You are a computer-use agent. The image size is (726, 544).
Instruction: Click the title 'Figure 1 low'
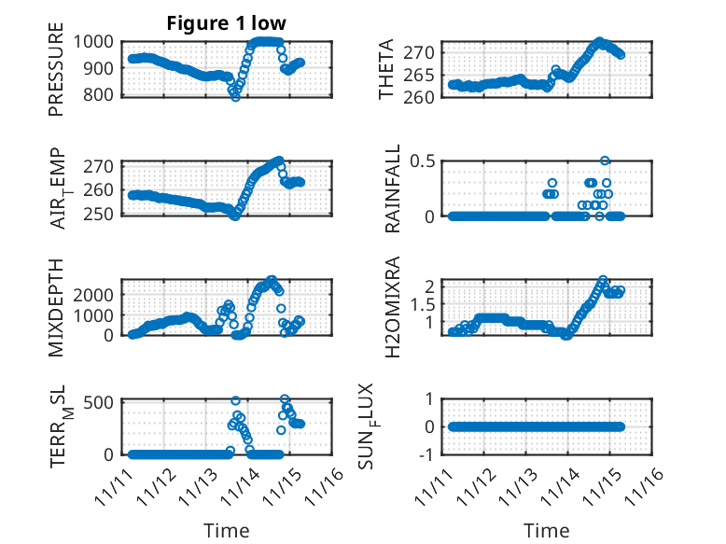click(227, 23)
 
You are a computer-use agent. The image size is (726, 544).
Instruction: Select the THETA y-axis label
click(386, 69)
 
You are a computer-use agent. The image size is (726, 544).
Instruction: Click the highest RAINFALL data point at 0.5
click(605, 160)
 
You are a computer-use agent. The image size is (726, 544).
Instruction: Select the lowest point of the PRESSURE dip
click(235, 97)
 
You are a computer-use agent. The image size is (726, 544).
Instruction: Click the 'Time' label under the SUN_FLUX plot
click(546, 531)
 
